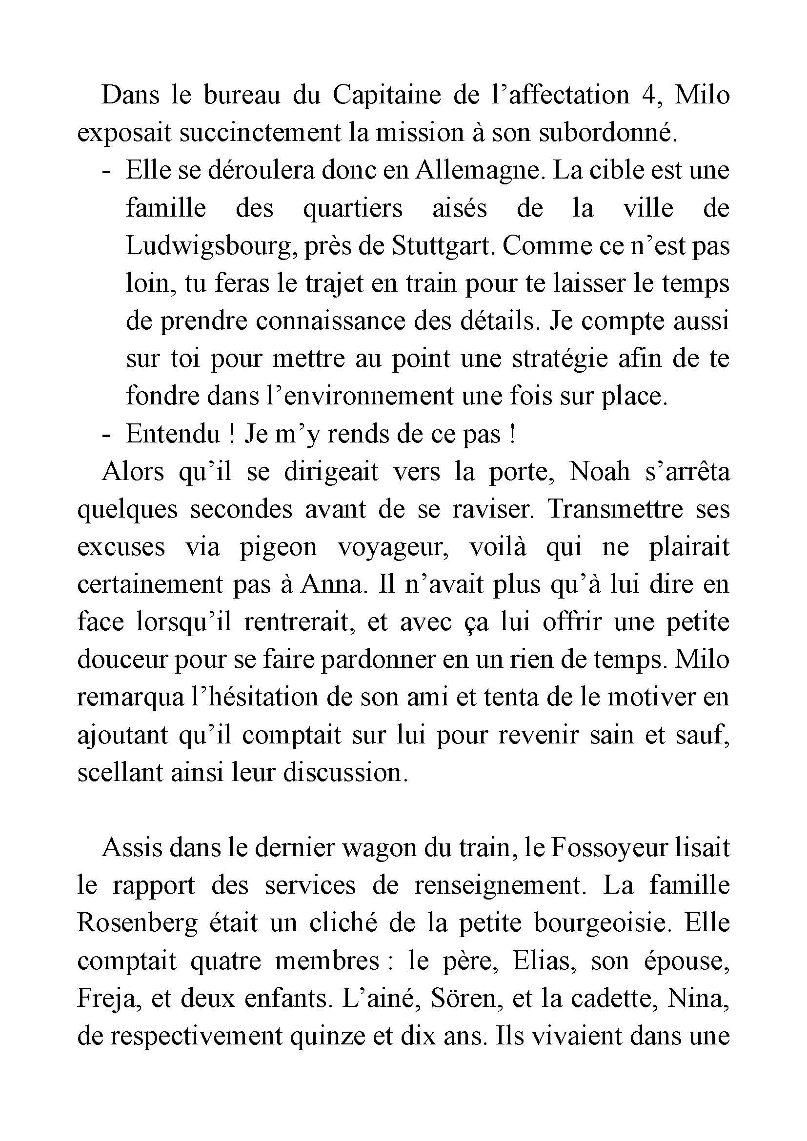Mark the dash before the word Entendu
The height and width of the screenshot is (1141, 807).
click(x=105, y=434)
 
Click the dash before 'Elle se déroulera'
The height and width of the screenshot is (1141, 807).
click(x=105, y=170)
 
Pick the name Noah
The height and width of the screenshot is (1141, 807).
click(x=600, y=472)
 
